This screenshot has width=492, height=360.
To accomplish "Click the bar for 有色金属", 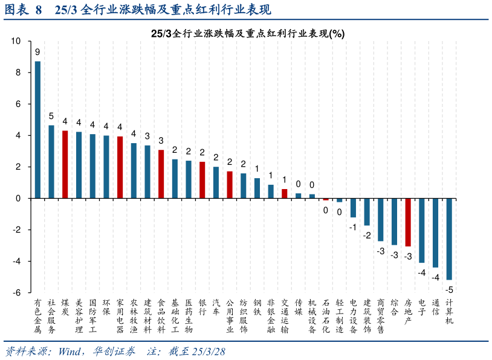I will pos(37,130).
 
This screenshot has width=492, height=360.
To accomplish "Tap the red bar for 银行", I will pos(202,180).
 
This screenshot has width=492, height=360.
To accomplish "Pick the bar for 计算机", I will pos(449,239).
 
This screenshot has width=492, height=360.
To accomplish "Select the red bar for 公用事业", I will pos(230,185).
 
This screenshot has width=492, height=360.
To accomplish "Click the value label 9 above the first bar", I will pos(37,52).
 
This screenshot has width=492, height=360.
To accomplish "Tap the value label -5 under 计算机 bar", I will pos(450,289).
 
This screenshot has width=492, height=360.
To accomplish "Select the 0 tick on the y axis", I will pos(19,198).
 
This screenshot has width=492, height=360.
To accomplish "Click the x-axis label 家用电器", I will pos(120,316).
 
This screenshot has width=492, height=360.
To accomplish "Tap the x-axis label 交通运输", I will pos(285,316).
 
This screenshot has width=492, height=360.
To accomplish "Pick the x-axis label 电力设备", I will pos(354,316).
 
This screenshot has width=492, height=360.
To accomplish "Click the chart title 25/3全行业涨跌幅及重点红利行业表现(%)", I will pos(248,34).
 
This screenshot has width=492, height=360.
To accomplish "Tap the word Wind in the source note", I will pos(71,352).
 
